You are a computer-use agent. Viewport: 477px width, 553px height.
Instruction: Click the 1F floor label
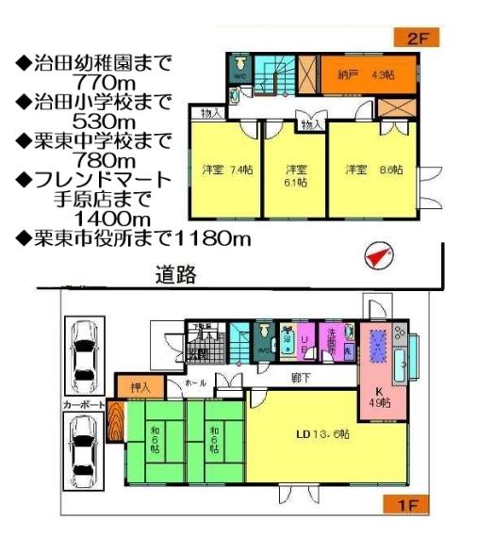[403, 505]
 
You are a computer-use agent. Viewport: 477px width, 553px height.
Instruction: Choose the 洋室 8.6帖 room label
[374, 171]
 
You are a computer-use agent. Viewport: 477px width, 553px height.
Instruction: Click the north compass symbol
[378, 254]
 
